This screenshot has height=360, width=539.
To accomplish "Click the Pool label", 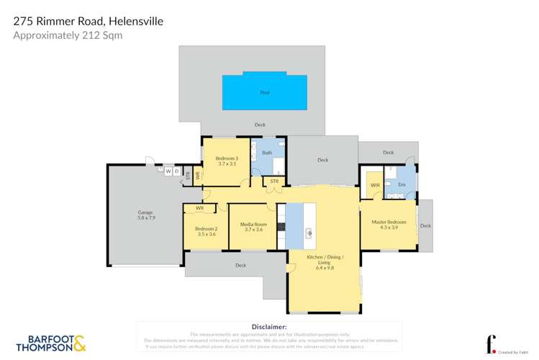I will pyautogui.click(x=264, y=93).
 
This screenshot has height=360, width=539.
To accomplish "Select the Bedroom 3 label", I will pyautogui.click(x=227, y=161).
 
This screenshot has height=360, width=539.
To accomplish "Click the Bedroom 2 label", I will pyautogui.click(x=206, y=231).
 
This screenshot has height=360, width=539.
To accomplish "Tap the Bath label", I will pyautogui.click(x=266, y=153).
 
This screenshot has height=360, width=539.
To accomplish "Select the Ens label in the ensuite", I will pyautogui.click(x=402, y=185).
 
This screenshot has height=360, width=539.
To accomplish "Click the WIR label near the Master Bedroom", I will pyautogui.click(x=375, y=185).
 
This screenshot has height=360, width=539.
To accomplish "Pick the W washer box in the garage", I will pyautogui.click(x=168, y=171).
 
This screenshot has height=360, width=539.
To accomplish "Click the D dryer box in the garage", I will pyautogui.click(x=176, y=171).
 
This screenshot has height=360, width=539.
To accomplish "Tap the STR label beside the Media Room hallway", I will pyautogui.click(x=274, y=181).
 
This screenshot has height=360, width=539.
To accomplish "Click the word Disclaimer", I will pyautogui.click(x=269, y=327).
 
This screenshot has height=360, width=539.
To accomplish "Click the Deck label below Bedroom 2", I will pyautogui.click(x=240, y=266).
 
